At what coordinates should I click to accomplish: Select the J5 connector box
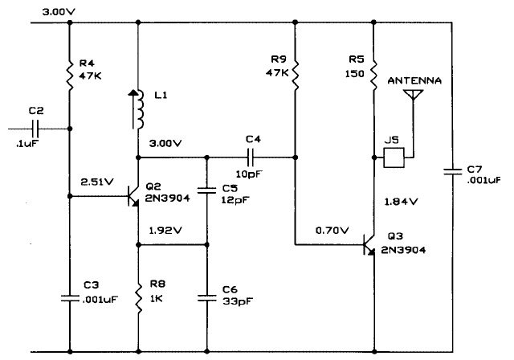[394, 157]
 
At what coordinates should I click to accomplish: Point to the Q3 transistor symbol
[369, 245]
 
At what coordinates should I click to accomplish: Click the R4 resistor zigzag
[70, 76]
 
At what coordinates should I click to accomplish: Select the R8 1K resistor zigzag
[138, 298]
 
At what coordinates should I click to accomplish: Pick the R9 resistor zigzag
[295, 75]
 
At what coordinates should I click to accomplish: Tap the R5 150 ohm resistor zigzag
[373, 75]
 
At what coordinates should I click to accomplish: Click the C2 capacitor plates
[35, 129]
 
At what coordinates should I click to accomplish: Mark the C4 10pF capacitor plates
[251, 157]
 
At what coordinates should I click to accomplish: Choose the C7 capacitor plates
[452, 171]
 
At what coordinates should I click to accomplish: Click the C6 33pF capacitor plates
[207, 298]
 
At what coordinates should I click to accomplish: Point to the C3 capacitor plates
[70, 298]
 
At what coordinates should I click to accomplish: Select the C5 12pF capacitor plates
[207, 190]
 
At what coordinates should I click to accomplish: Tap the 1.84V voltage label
[401, 202]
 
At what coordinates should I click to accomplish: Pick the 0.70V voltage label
[332, 231]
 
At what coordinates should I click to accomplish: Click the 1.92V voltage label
[165, 231]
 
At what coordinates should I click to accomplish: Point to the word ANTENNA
[414, 80]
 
